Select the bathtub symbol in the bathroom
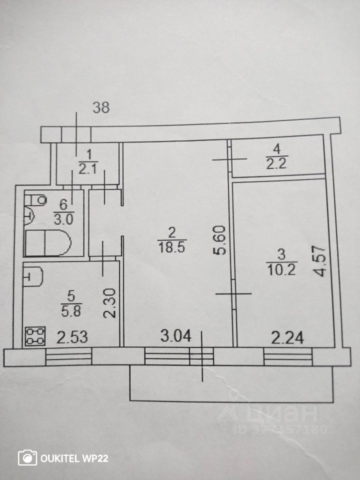pos(48,243)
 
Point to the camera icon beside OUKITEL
pos(27,457)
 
